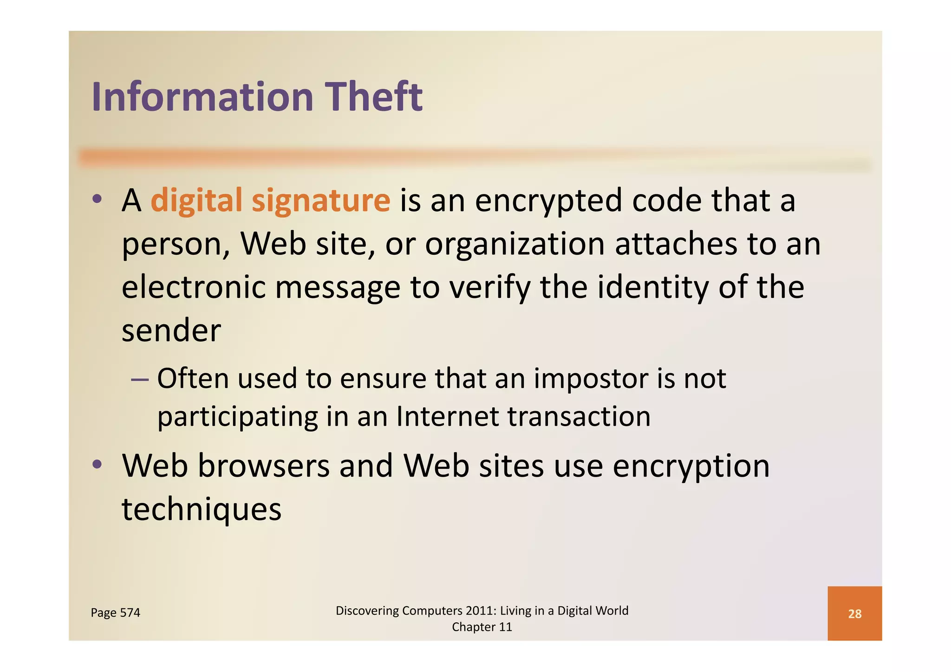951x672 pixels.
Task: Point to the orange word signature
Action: click(321, 201)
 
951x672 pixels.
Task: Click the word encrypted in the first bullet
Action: click(548, 201)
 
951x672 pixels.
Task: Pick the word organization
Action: click(515, 245)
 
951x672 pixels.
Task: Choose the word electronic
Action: click(193, 287)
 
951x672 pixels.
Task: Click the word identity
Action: click(653, 288)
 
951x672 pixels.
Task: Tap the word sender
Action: click(171, 330)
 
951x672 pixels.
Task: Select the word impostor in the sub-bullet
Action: click(590, 379)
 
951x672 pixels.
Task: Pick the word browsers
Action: click(264, 465)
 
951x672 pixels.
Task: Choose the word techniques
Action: click(202, 510)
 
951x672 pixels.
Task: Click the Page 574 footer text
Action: click(115, 613)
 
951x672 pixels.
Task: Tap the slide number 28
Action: click(854, 614)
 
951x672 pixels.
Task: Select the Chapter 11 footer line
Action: click(482, 627)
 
